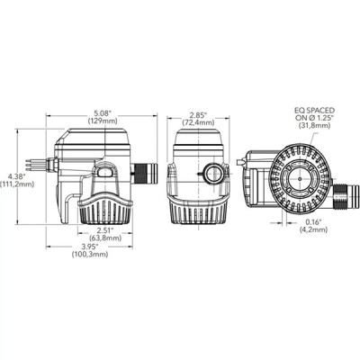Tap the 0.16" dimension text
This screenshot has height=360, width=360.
[314, 220]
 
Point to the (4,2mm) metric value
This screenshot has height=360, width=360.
[314, 229]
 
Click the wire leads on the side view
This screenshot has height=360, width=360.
[35, 164]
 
